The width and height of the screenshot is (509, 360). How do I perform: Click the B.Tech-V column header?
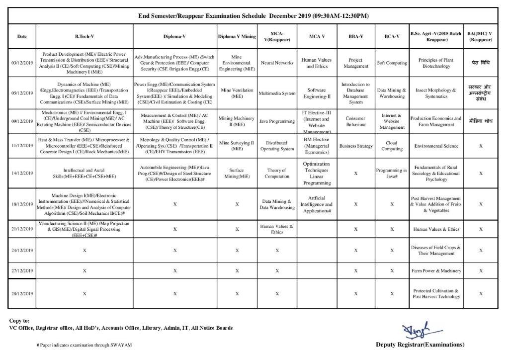coord(85,36)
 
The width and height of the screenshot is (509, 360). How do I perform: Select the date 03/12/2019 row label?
coord(22,63)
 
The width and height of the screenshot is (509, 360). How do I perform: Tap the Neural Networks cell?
coord(277,63)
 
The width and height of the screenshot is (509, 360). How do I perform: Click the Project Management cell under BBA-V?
coord(356,63)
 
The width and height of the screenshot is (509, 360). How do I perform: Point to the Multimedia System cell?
coord(277,93)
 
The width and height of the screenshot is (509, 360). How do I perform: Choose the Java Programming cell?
coord(277,121)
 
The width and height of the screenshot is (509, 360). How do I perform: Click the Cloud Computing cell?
coord(392,146)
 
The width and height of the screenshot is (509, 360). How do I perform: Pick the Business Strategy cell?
coord(356,146)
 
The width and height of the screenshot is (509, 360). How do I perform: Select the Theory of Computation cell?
coord(277,174)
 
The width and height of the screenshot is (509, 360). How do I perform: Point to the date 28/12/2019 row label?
coord(22,294)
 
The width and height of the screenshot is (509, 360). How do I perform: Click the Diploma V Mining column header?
coord(237,36)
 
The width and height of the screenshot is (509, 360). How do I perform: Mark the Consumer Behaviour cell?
coord(356,121)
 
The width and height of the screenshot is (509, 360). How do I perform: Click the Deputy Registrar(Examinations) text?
coord(420,344)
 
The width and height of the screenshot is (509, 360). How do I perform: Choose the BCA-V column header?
coord(392,36)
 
